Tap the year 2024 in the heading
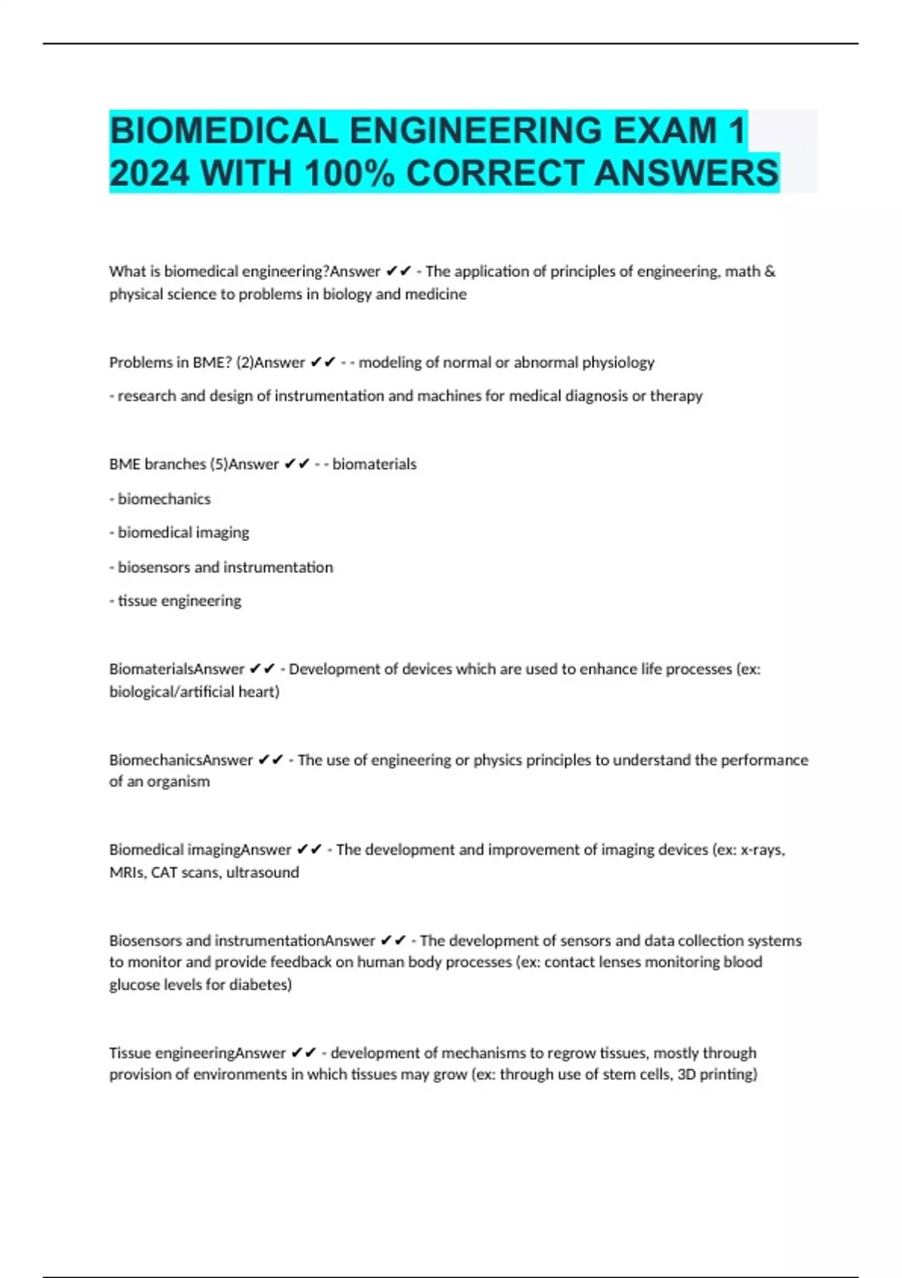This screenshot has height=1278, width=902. point(149,174)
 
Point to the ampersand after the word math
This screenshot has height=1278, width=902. point(770,271)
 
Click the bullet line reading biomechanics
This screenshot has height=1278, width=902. point(160,498)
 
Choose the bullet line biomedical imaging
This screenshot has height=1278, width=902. point(180,532)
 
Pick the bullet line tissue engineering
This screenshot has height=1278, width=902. point(176,601)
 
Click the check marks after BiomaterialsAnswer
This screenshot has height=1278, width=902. point(262,668)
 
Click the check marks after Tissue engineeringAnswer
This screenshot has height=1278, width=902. point(304,1052)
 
